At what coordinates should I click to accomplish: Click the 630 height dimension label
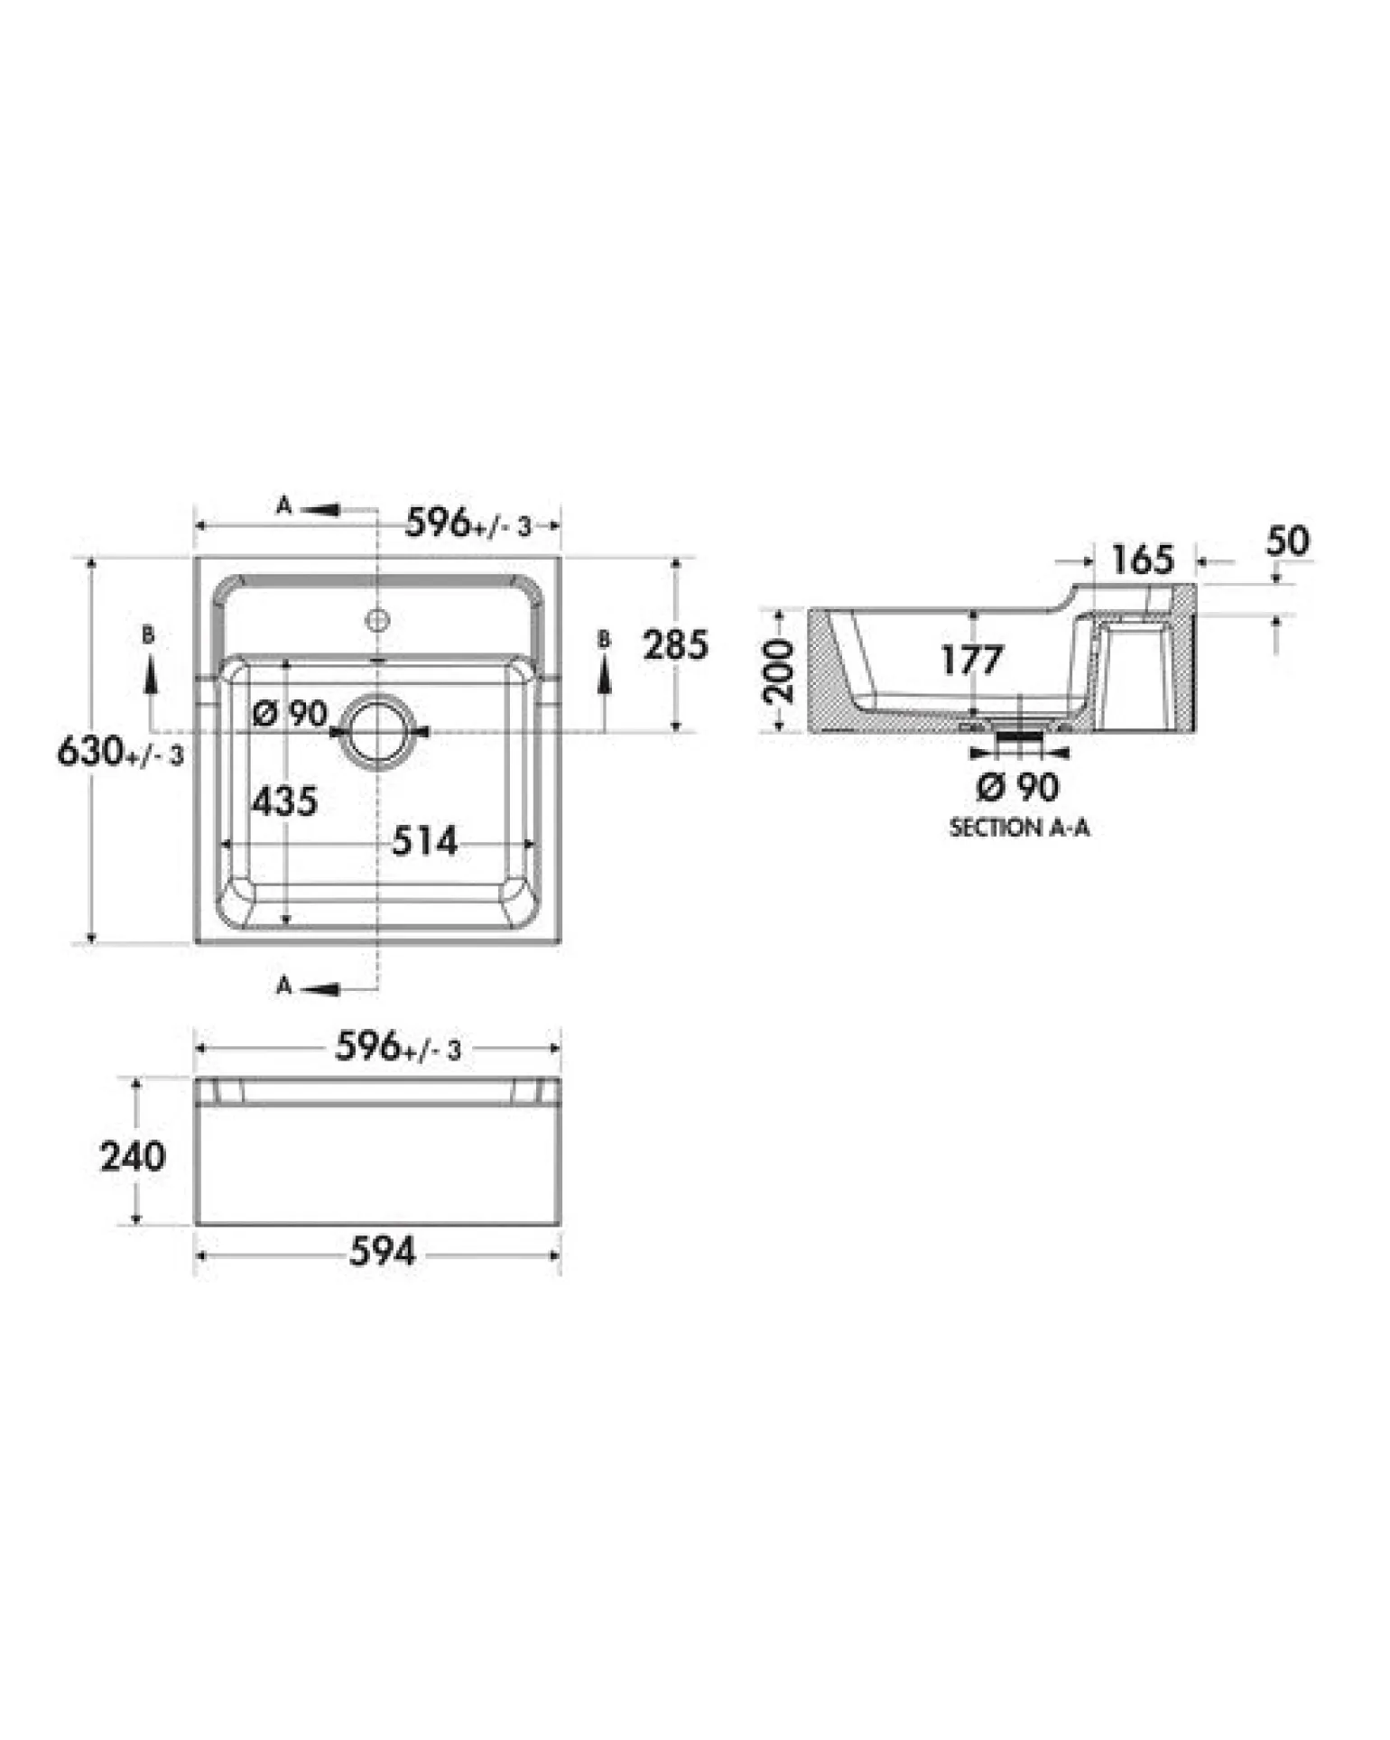pos(120,751)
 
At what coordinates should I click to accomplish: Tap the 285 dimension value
pos(675,645)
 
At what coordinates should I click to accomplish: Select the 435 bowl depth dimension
pos(284,801)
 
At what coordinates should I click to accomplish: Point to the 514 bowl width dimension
pos(424,841)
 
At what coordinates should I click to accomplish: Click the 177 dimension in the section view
pos(971,661)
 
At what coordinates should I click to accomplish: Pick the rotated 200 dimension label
pos(779,671)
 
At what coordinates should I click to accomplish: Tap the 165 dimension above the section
pos(1142,560)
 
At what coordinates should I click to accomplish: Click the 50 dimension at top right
pos(1287,541)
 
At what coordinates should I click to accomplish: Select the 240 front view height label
pos(133,1156)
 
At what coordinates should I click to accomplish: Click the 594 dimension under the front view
pos(383,1251)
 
